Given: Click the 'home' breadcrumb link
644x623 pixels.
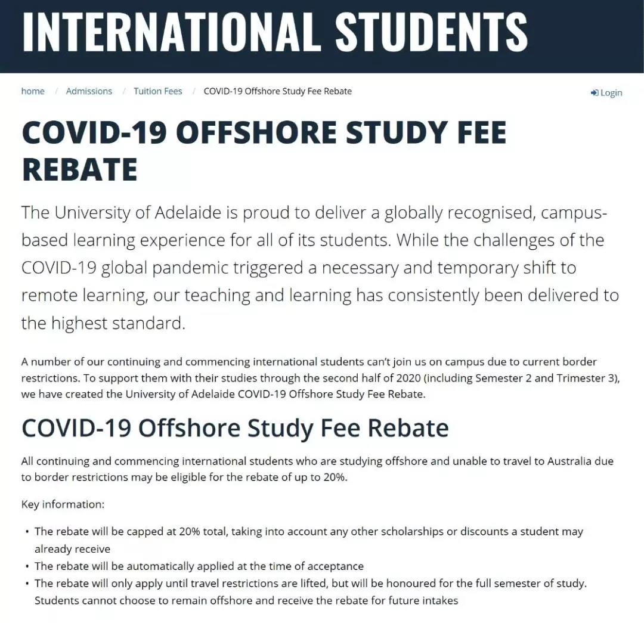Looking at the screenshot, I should pyautogui.click(x=33, y=91).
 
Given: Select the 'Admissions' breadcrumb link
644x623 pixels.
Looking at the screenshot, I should pyautogui.click(x=89, y=91).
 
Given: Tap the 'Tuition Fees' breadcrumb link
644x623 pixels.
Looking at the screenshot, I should pyautogui.click(x=157, y=91).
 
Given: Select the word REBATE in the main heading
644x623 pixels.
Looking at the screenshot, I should pyautogui.click(x=79, y=169).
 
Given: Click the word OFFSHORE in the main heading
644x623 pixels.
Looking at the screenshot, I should pyautogui.click(x=257, y=132).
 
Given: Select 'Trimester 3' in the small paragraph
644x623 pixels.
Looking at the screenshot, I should pyautogui.click(x=589, y=379).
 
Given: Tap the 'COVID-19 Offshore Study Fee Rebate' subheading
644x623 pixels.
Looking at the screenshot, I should pyautogui.click(x=235, y=428).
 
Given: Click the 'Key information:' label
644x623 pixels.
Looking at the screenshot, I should pyautogui.click(x=63, y=504).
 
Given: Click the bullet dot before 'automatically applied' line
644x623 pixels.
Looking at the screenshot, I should pyautogui.click(x=27, y=566).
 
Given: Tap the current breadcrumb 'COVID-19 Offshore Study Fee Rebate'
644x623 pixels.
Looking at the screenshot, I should pyautogui.click(x=277, y=91).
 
